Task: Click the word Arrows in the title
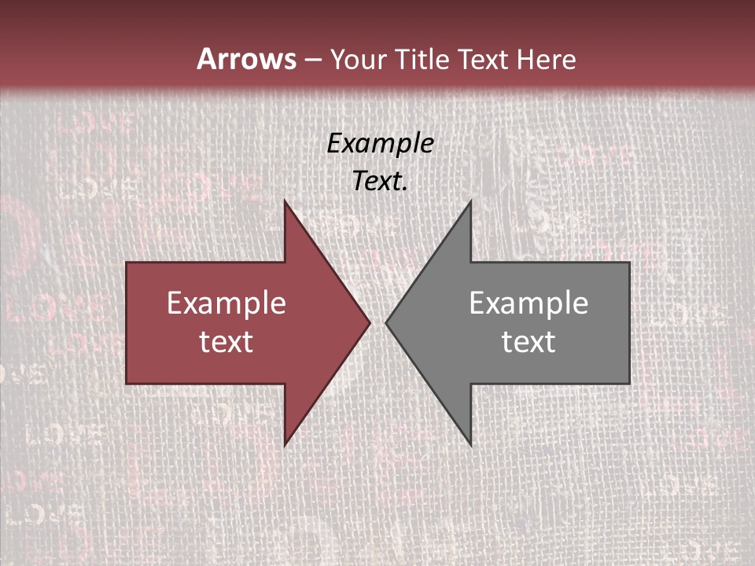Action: (246, 59)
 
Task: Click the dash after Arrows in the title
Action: (312, 60)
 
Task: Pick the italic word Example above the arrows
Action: (380, 143)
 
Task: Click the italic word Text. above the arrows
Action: (380, 181)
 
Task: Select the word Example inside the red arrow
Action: (226, 303)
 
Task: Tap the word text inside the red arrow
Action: (226, 341)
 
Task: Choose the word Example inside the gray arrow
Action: (528, 303)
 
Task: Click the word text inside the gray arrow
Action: (528, 341)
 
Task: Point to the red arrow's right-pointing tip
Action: (369, 322)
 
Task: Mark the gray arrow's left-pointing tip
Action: (387, 322)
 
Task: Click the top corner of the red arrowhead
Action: (285, 202)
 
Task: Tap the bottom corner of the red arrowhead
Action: (285, 444)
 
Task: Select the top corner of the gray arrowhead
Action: (470, 202)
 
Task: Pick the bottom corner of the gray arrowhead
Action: (470, 444)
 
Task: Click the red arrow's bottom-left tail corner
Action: (127, 383)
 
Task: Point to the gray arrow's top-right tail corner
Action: (628, 263)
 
